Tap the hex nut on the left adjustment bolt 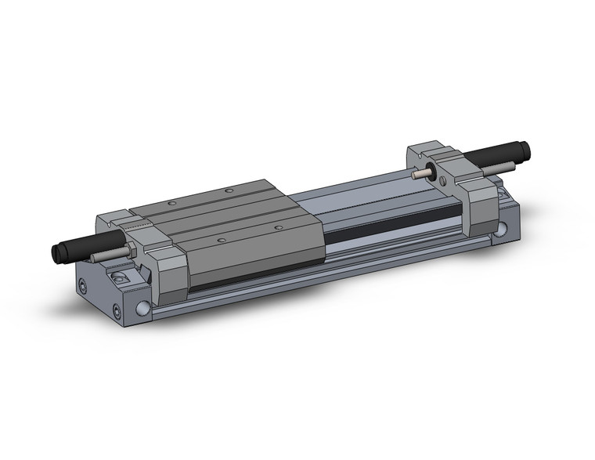click(x=128, y=249)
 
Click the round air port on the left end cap click(x=143, y=308)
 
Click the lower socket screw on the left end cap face click(x=116, y=313)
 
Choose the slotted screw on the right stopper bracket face click(x=443, y=183)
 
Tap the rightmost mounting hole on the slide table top click(x=279, y=227)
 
